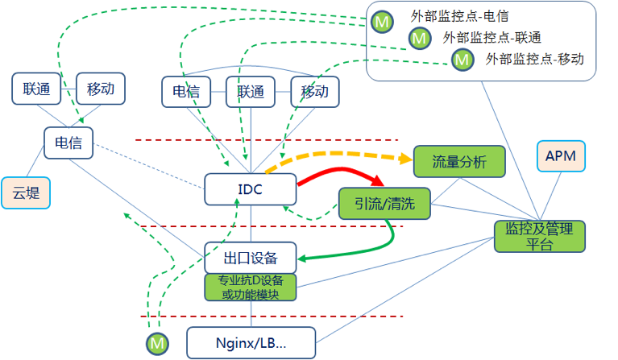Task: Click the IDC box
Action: pos(251,188)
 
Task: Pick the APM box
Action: pos(561,155)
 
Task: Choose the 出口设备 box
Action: pos(251,258)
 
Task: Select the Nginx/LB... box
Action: pos(251,343)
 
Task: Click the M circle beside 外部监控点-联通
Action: pos(420,38)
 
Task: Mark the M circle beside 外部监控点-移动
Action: pos(462,59)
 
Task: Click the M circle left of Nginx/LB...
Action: pos(158,344)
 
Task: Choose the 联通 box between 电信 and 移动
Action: pos(251,92)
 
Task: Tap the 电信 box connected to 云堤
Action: pos(68,143)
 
